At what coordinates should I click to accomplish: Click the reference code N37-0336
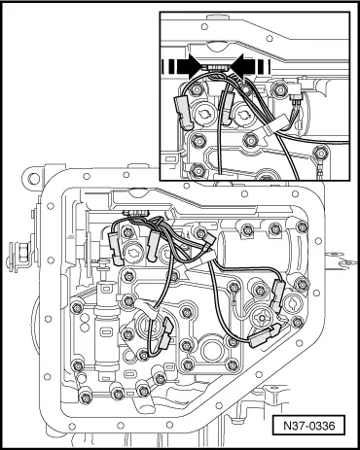tap(308, 425)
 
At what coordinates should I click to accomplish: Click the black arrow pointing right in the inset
tap(189, 67)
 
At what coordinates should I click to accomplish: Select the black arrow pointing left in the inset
tap(241, 67)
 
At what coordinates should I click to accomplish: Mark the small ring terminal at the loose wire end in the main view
tap(234, 304)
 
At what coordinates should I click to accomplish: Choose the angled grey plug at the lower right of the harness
tap(265, 337)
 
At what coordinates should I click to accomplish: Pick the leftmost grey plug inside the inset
tap(183, 111)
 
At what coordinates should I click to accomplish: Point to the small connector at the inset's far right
tap(295, 92)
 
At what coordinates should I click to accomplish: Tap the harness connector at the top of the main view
tap(136, 213)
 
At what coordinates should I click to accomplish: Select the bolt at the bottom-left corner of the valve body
tap(85, 397)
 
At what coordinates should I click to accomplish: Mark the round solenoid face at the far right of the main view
tap(294, 302)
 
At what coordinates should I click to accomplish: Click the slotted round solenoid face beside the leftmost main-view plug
tap(133, 251)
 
